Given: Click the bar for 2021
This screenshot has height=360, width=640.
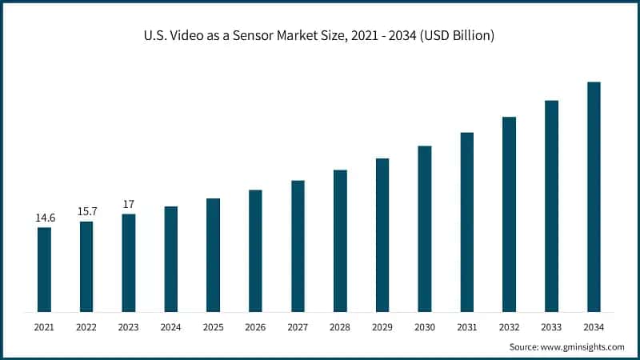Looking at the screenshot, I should tap(44, 269).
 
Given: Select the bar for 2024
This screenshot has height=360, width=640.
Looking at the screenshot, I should tap(171, 258).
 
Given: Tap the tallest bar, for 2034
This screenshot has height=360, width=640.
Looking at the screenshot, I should tap(594, 196).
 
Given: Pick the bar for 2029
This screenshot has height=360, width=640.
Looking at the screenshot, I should tap(382, 234).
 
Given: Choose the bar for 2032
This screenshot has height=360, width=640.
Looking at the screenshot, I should tap(509, 214).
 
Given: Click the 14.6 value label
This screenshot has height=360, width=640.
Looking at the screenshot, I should tap(44, 218).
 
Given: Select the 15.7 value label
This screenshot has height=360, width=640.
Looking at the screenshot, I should tap(86, 211).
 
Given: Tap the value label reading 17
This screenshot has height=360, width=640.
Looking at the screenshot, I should tap(129, 204).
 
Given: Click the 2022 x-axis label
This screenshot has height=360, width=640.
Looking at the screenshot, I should tap(86, 326).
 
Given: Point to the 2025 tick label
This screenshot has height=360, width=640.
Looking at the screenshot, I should tap(214, 326).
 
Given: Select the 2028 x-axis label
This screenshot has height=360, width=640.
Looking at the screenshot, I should tap(340, 326).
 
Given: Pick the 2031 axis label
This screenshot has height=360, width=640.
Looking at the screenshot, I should tap(467, 326).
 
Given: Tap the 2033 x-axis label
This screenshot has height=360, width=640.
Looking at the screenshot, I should tap(551, 326).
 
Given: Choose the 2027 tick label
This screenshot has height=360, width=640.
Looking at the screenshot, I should tap(298, 326).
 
